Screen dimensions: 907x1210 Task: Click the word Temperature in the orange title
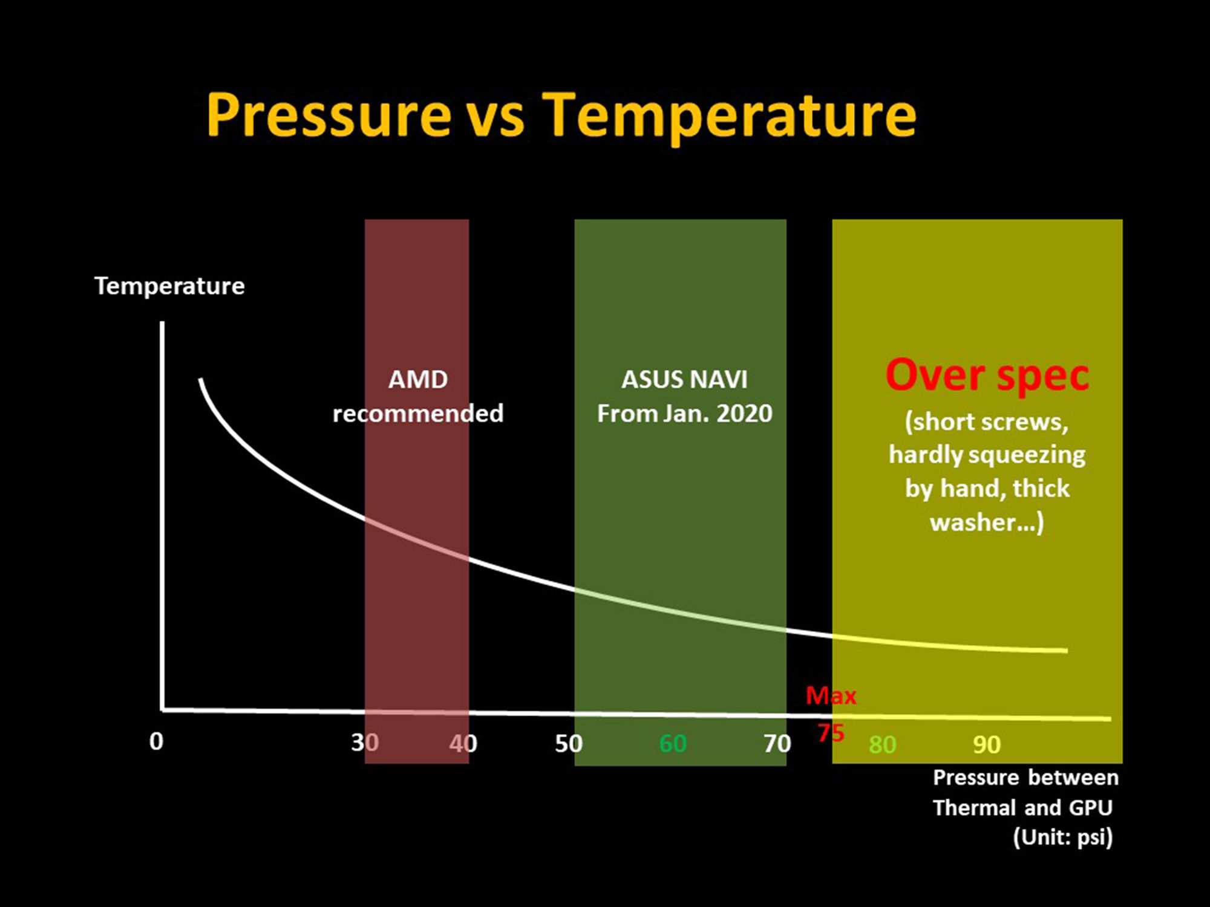point(728,115)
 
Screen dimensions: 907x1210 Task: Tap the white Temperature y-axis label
point(169,286)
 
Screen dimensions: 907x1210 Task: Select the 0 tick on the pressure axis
point(156,741)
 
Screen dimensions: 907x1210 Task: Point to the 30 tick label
point(365,743)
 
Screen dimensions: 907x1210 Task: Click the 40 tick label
point(463,743)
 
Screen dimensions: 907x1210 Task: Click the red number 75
point(831,733)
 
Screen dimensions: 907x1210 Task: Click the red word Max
point(831,696)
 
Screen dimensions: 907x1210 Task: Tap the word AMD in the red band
point(418,380)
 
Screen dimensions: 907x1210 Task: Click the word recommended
point(418,414)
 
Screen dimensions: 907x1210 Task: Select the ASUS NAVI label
point(684,380)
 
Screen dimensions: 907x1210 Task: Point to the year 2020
point(744,414)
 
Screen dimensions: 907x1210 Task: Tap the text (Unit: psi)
point(1062,837)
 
